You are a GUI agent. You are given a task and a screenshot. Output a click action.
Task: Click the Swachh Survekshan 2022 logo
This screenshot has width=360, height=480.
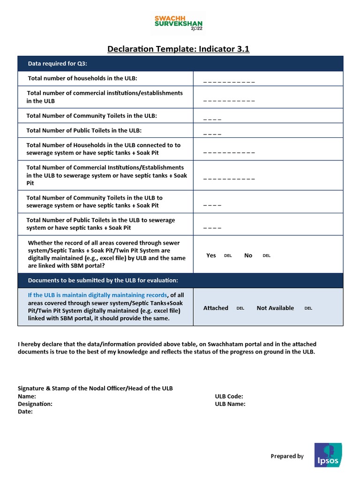[180, 23]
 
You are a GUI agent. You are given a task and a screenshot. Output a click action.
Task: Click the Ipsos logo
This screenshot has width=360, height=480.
[328, 455]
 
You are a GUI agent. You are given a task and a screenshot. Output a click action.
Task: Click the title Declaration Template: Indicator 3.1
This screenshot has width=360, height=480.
[179, 49]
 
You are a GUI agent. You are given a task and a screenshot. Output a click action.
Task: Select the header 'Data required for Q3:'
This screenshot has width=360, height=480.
[58, 64]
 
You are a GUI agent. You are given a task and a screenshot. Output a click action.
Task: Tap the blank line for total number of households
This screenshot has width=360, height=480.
[229, 82]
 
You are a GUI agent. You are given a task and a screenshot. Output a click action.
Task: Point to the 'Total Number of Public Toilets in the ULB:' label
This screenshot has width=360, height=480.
[84, 130]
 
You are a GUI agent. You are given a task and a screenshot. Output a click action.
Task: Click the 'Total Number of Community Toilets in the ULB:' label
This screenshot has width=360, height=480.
[91, 115]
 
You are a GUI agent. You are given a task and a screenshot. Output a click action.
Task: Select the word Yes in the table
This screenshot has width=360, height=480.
[211, 255]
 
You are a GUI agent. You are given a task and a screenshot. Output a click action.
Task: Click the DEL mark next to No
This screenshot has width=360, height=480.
[266, 256]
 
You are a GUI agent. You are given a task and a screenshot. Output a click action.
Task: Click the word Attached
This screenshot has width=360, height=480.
[216, 308]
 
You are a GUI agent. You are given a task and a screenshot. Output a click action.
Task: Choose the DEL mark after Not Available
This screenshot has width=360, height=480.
[308, 308]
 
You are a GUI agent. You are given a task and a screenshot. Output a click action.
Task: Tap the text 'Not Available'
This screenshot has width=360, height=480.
[275, 308]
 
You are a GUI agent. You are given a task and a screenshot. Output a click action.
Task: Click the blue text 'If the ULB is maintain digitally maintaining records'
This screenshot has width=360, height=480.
[97, 295]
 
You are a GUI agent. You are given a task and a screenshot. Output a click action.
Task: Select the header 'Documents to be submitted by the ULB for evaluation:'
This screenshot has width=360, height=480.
[103, 280]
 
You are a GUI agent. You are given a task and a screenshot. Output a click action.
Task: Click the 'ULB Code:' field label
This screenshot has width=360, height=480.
[229, 397]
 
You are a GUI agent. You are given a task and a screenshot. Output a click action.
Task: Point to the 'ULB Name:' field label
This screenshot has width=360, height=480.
[230, 404]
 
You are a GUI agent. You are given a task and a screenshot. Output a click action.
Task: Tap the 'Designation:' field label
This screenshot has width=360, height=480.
[35, 404]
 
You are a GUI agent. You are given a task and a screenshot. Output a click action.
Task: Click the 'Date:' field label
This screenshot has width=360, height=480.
[25, 412]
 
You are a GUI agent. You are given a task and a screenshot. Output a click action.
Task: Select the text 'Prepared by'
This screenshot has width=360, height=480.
[287, 456]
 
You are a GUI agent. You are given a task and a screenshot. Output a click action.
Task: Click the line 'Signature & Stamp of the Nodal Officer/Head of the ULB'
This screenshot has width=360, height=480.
[95, 389]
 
